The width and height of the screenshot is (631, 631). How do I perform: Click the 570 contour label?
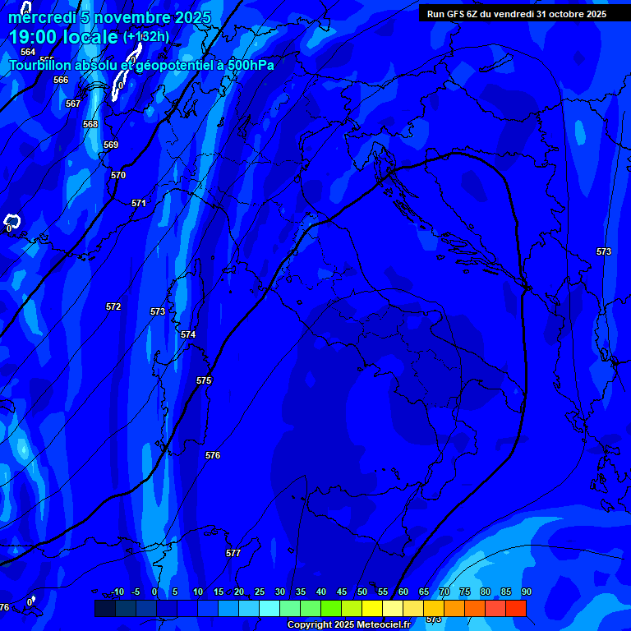click(118, 175)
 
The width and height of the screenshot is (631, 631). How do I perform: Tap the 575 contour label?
click(204, 380)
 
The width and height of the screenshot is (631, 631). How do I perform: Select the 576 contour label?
click(213, 455)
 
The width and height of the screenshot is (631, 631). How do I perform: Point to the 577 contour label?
click(233, 553)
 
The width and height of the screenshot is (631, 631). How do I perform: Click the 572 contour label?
click(113, 306)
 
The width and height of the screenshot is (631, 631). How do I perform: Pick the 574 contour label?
click(188, 334)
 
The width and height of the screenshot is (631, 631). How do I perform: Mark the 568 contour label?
click(90, 124)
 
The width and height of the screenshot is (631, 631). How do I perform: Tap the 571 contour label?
click(139, 203)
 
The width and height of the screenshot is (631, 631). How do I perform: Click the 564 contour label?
click(28, 52)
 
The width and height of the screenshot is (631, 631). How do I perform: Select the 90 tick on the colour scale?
click(526, 592)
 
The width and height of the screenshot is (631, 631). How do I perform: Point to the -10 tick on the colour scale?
click(117, 592)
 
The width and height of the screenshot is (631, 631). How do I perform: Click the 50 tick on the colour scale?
click(362, 592)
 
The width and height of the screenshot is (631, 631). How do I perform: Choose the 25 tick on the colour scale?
click(260, 592)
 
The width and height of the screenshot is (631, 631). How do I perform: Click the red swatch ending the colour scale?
click(515, 608)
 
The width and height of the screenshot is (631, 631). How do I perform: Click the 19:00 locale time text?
click(63, 37)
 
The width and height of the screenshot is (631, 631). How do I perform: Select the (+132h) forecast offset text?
click(146, 37)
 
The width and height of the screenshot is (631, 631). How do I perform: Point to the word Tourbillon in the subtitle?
click(46, 66)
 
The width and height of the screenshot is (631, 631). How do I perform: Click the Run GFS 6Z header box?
click(517, 13)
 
